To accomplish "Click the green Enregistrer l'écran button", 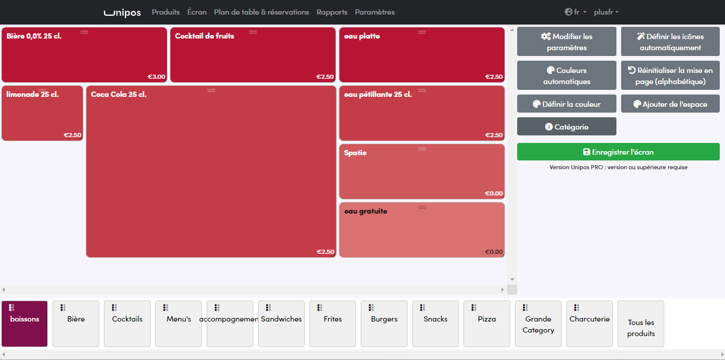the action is (x=618, y=152).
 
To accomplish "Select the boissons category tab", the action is (x=25, y=324).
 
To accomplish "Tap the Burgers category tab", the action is (x=384, y=324).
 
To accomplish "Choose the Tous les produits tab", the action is (x=641, y=324).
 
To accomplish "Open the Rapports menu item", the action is (x=332, y=12).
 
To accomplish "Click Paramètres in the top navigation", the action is (x=375, y=12).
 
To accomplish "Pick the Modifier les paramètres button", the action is (x=566, y=42).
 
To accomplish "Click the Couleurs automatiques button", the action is (x=566, y=75).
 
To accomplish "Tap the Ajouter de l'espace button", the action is (x=670, y=104).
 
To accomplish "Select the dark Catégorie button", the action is (x=566, y=127).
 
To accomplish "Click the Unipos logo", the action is (x=123, y=12).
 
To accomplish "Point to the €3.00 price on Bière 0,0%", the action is (x=156, y=76).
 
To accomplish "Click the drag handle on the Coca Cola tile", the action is (x=211, y=90).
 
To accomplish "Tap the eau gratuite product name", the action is (x=366, y=211).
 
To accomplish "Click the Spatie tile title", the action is (x=355, y=153).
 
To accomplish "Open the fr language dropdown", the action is (x=576, y=12).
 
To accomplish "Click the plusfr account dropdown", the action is (x=607, y=12).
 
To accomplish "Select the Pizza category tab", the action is (x=487, y=324).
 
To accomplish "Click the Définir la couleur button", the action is (x=566, y=104).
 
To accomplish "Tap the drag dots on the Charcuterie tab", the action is (x=577, y=307).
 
